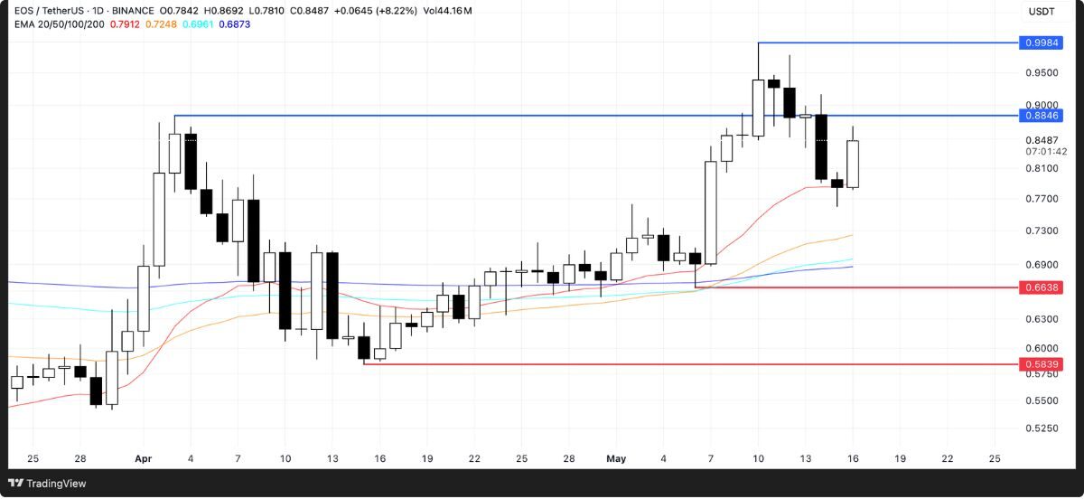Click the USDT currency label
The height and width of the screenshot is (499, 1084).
[x=1041, y=12]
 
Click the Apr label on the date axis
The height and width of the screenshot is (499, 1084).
[x=143, y=459]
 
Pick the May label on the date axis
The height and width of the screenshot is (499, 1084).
[x=616, y=459]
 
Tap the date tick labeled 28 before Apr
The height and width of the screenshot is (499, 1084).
[x=80, y=459]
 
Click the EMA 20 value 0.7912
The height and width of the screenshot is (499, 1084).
[x=124, y=24]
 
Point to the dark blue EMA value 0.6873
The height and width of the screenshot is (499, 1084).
[x=234, y=24]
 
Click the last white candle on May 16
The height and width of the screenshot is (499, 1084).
[x=853, y=165]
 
